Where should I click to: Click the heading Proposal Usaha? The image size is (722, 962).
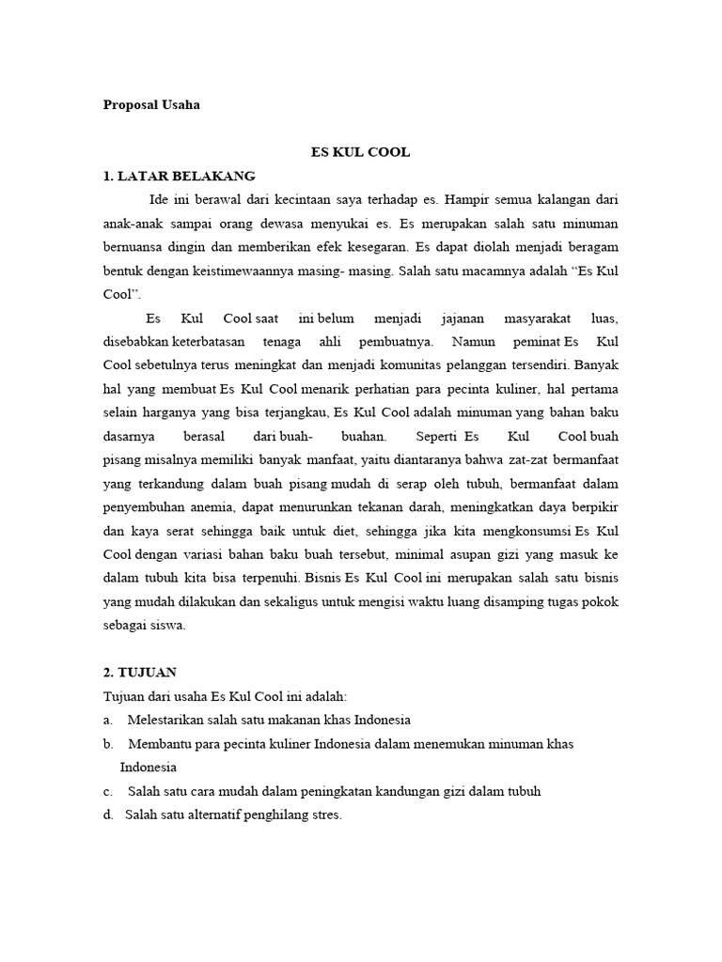click(x=151, y=105)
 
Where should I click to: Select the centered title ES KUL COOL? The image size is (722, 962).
click(x=361, y=152)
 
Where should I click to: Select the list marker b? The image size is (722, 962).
click(x=107, y=744)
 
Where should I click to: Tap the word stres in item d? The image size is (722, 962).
click(x=324, y=815)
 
